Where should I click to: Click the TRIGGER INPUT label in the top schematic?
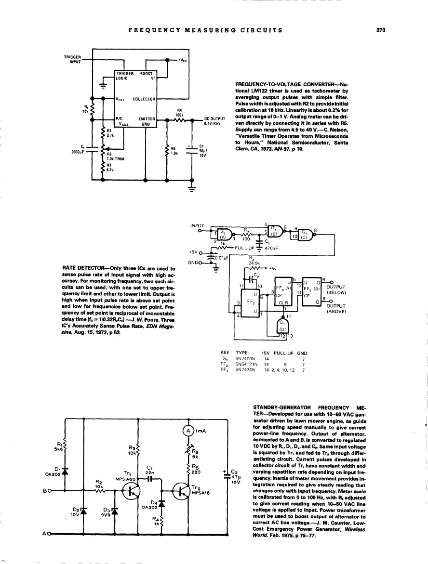[x=72, y=59]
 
